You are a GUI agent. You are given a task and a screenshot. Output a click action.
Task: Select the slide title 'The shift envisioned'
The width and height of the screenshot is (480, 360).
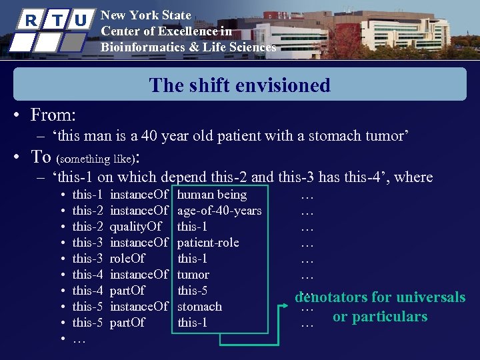click(240, 85)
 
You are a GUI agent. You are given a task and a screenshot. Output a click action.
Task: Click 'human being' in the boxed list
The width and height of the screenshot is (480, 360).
click(212, 195)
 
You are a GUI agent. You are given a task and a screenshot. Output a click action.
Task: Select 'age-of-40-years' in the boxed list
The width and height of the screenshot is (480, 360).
click(219, 211)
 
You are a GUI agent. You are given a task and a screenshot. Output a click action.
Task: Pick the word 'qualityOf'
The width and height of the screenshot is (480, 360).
click(136, 227)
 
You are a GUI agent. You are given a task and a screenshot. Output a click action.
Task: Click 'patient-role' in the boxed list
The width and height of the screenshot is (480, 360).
click(208, 243)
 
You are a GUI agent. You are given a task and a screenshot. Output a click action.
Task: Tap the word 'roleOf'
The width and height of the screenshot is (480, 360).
click(127, 259)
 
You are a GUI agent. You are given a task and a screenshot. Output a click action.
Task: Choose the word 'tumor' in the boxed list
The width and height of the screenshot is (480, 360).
click(193, 275)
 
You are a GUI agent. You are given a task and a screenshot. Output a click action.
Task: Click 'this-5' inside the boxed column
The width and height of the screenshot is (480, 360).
click(193, 291)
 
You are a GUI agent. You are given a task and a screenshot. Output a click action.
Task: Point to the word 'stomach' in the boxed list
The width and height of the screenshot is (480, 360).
click(199, 307)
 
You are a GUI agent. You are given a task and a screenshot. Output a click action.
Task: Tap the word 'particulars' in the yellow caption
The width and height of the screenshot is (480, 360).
click(389, 317)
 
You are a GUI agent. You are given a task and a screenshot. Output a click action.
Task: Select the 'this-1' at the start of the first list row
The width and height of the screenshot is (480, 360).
click(87, 195)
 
